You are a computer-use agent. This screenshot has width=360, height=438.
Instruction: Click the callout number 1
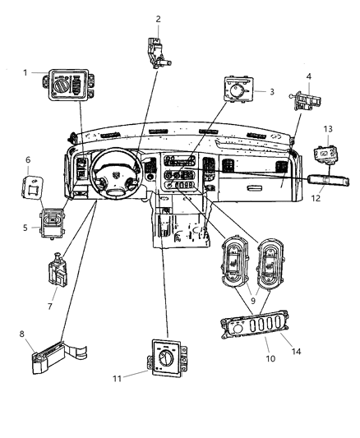tap(26, 72)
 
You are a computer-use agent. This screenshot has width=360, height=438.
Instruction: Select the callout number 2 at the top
tap(158, 19)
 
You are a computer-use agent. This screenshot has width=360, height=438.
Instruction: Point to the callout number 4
tap(308, 78)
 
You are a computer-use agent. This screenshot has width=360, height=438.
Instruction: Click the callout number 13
tap(329, 130)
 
